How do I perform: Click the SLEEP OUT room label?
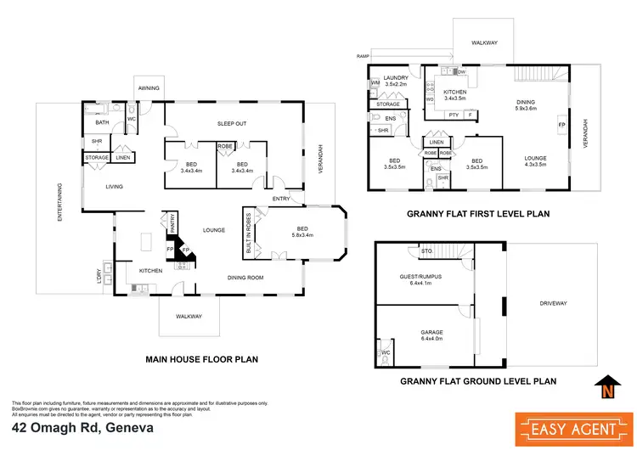(x=232, y=121)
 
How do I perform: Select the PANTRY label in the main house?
(x=172, y=224)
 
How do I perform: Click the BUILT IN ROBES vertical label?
(x=250, y=233)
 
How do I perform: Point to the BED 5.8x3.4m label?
(x=302, y=231)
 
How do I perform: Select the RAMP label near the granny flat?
(x=363, y=56)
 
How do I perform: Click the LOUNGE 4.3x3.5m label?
(x=534, y=161)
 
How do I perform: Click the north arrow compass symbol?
(x=605, y=386)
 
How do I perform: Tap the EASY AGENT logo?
(x=561, y=422)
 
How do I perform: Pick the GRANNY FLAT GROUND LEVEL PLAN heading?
(x=478, y=381)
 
